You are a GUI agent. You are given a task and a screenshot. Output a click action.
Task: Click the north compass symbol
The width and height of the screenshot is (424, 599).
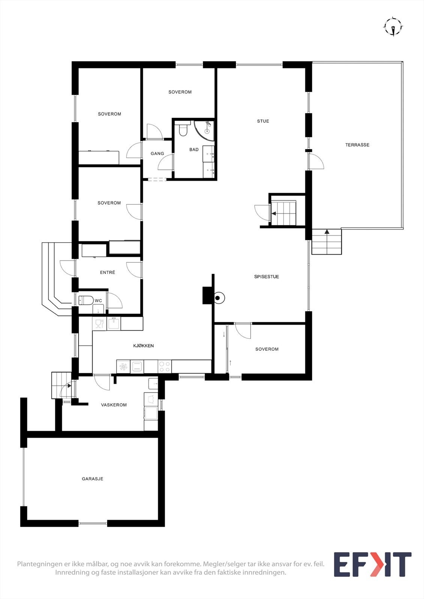point(393,27)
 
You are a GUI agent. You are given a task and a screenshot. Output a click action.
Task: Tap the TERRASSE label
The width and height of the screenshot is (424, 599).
point(357,145)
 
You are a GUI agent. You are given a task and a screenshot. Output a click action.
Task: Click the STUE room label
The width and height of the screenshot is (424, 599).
point(263,121)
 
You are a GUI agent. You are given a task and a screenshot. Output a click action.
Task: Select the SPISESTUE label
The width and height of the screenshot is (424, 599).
point(267,277)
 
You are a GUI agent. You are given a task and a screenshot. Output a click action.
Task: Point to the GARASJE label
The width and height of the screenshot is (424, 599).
point(93,479)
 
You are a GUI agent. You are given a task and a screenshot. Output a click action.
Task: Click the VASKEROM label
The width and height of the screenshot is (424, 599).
point(114,405)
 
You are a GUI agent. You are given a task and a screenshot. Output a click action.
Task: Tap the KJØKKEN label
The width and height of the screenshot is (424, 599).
point(143,346)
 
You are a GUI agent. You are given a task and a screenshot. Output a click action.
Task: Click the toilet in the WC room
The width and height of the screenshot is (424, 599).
point(86,300)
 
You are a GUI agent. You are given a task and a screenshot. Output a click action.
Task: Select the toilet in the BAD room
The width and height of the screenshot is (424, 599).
point(183,130)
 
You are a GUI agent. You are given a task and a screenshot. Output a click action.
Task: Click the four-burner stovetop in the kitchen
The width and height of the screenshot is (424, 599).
point(165,366)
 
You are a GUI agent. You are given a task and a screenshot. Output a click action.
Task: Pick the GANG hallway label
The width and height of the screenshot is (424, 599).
point(157,153)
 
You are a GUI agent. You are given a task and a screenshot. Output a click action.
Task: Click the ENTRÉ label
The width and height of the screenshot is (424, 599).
point(108,273)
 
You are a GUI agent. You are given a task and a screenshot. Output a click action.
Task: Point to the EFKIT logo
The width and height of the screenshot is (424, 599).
point(372,564)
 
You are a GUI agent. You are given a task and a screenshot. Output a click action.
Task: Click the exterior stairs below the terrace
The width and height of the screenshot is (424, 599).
point(327,242)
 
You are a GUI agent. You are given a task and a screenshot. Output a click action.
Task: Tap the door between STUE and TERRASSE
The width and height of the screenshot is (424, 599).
point(315,162)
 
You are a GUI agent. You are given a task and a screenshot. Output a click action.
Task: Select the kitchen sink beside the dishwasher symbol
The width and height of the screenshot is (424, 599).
point(114,323)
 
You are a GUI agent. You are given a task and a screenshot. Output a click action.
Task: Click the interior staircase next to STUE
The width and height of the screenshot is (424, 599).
point(284,213)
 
